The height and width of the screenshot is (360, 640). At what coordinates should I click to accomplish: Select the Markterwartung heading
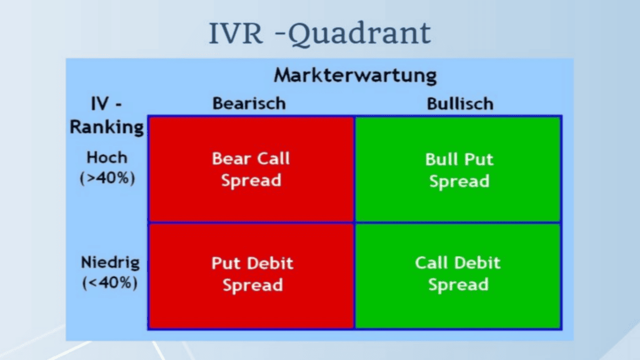355,75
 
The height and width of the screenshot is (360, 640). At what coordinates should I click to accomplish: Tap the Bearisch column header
249,103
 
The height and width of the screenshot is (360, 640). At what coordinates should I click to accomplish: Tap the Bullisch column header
460,103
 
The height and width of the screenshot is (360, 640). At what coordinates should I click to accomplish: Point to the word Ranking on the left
107,127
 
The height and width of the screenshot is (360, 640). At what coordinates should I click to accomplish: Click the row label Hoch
107,157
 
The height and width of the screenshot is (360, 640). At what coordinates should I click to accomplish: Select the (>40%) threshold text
107,178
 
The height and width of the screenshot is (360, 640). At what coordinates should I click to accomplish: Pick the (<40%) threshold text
110,283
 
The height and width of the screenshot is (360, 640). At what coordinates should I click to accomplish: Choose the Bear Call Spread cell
251,169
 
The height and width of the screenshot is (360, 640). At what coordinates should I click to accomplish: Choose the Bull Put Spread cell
459,170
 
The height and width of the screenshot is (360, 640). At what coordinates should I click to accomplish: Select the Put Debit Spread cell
252,274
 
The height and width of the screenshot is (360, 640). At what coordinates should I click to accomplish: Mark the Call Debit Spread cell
458,274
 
